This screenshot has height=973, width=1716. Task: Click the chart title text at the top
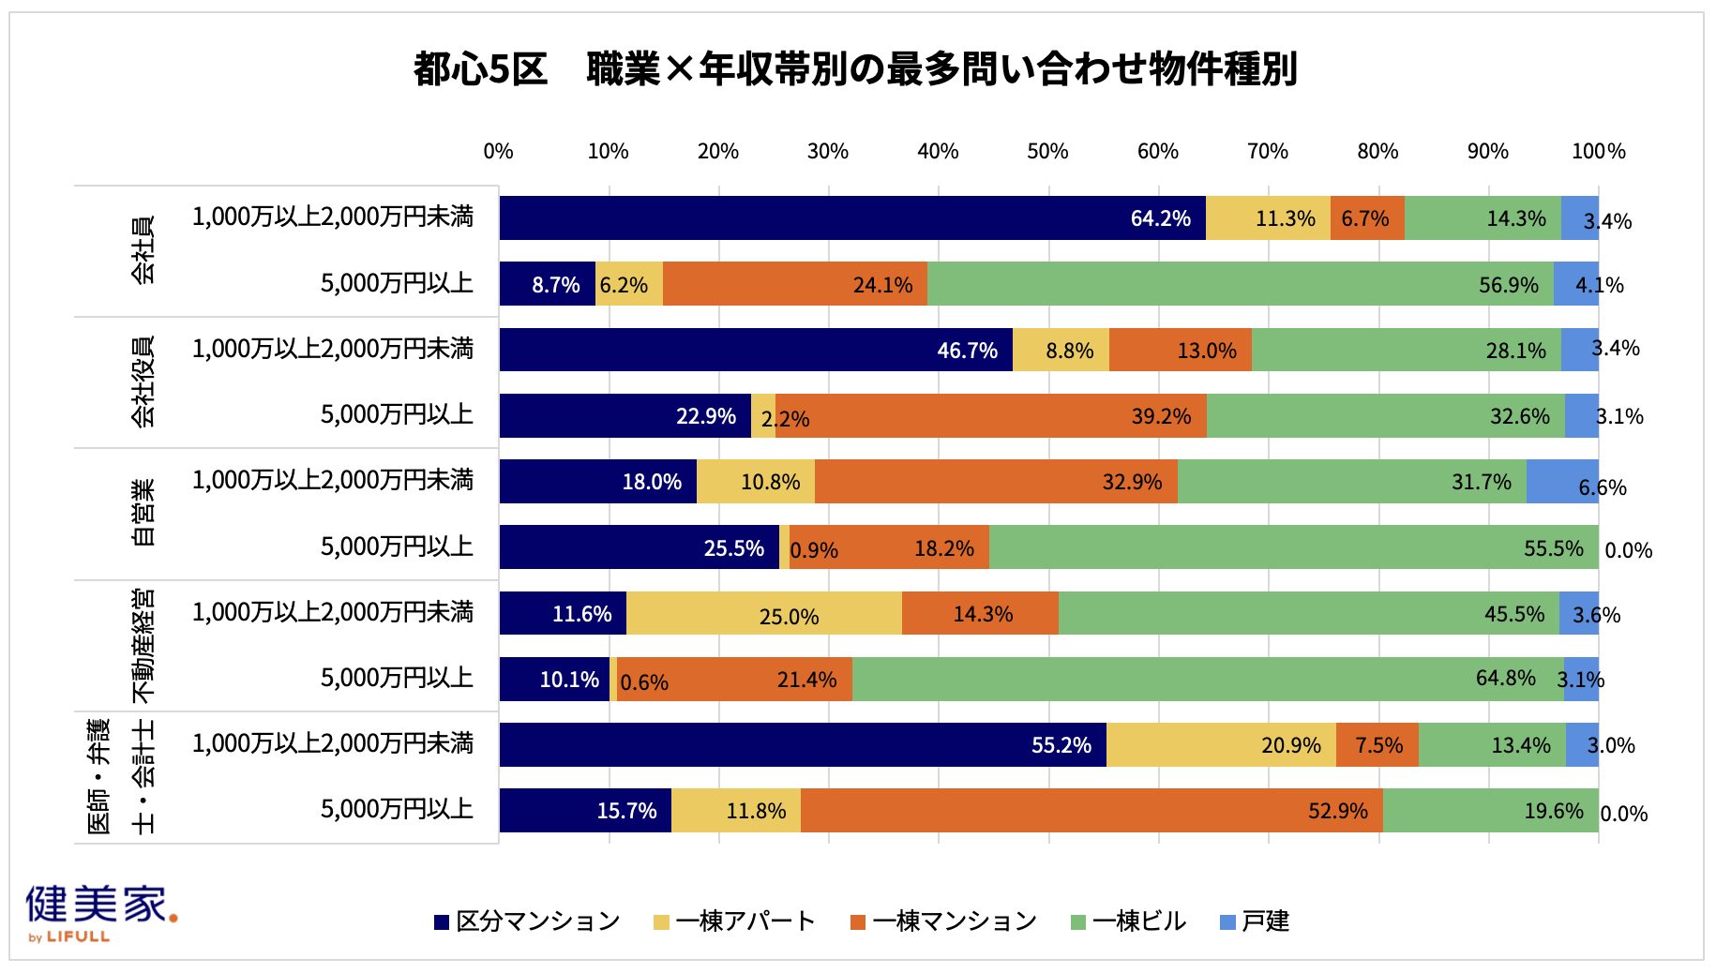coord(855,69)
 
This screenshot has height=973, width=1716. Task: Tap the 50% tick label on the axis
coord(1047,151)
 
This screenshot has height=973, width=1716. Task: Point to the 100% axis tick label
coord(1599,151)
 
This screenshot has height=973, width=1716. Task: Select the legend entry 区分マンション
coord(527,921)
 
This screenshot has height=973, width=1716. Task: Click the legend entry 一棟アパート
coord(734,921)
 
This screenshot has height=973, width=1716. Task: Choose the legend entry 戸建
coord(1255,921)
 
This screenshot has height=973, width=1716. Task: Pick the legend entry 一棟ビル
coord(1128,921)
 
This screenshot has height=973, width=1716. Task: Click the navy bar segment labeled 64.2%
coord(852,217)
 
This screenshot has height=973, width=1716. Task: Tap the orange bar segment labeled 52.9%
coord(1091,811)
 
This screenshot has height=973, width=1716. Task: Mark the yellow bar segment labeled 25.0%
coord(764,613)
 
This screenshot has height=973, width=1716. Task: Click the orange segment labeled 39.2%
coord(991,415)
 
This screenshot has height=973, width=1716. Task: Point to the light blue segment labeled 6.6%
coord(1562,481)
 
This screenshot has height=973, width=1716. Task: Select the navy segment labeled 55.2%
coord(803,745)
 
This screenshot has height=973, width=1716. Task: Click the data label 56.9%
coord(1509,285)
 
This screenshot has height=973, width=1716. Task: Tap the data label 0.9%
coord(814,550)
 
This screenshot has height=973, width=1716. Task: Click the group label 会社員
coord(143,250)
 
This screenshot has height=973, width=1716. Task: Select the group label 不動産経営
coord(143,646)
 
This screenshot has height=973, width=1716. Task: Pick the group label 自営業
coord(143,514)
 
